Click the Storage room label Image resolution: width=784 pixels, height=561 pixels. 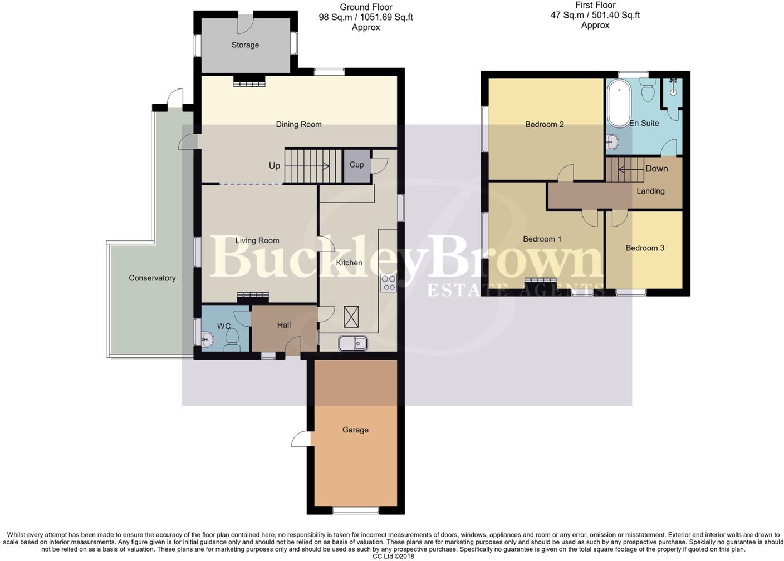tap(245, 45)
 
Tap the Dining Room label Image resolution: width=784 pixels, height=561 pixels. tap(298, 124)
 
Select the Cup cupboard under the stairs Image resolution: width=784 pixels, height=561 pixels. tap(357, 166)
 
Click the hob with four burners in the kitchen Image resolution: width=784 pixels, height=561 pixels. tap(389, 283)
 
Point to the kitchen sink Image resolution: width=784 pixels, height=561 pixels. tap(353, 343)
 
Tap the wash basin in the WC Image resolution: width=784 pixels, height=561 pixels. tap(207, 339)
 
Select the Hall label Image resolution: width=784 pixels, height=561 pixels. tap(284, 325)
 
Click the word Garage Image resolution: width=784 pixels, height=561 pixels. tap(355, 430)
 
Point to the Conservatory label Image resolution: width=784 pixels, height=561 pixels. tap(152, 278)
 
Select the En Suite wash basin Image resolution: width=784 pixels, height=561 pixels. tap(613, 142)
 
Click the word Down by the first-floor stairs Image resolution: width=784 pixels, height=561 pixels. tap(656, 169)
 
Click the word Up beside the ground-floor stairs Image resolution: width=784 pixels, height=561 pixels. tap(275, 166)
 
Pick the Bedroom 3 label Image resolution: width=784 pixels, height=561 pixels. tap(645, 248)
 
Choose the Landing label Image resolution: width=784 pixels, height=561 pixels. tap(650, 191)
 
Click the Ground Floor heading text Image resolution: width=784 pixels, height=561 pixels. tap(366, 7)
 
